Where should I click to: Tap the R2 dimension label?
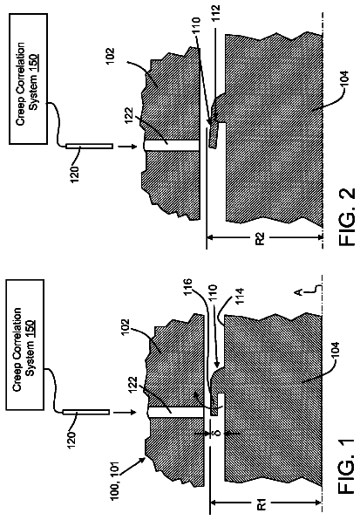(x=261, y=238)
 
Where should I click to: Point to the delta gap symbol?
(x=218, y=433)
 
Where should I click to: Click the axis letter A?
(x=298, y=291)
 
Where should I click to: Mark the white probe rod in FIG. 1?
(x=86, y=412)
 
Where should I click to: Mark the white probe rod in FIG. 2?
(x=89, y=146)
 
